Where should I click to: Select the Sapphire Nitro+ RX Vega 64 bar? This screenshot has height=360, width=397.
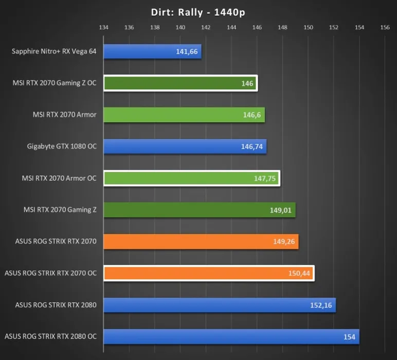[x=152, y=51]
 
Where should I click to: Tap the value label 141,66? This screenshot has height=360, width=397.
[x=187, y=51]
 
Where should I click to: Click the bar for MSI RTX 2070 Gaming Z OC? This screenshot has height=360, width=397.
[x=180, y=83]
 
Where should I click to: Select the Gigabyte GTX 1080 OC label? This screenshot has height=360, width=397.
[x=62, y=147]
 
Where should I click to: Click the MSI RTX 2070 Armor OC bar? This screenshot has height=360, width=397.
[x=191, y=178]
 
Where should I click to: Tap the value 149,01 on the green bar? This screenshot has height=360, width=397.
[x=281, y=210]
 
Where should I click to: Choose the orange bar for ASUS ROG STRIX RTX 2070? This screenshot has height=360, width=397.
[x=201, y=242]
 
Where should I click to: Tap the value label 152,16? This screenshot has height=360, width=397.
[x=321, y=305]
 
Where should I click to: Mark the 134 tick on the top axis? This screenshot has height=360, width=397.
[x=103, y=27]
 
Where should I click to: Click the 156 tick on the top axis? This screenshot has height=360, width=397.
[x=385, y=27]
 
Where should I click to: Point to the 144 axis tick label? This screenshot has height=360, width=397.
[x=231, y=27]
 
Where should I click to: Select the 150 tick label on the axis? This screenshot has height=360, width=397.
[x=308, y=27]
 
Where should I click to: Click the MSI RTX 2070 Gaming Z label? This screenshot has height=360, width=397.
[x=60, y=210]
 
